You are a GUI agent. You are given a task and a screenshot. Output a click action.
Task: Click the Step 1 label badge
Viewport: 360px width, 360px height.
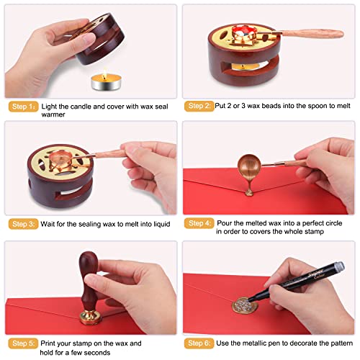click(x=22, y=107)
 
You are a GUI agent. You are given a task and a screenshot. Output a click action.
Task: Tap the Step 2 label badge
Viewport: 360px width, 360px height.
click(x=199, y=106)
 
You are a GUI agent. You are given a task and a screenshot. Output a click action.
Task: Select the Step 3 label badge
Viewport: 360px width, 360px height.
click(x=22, y=224)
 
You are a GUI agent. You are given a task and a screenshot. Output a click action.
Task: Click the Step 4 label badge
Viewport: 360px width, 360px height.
click(x=199, y=224)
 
